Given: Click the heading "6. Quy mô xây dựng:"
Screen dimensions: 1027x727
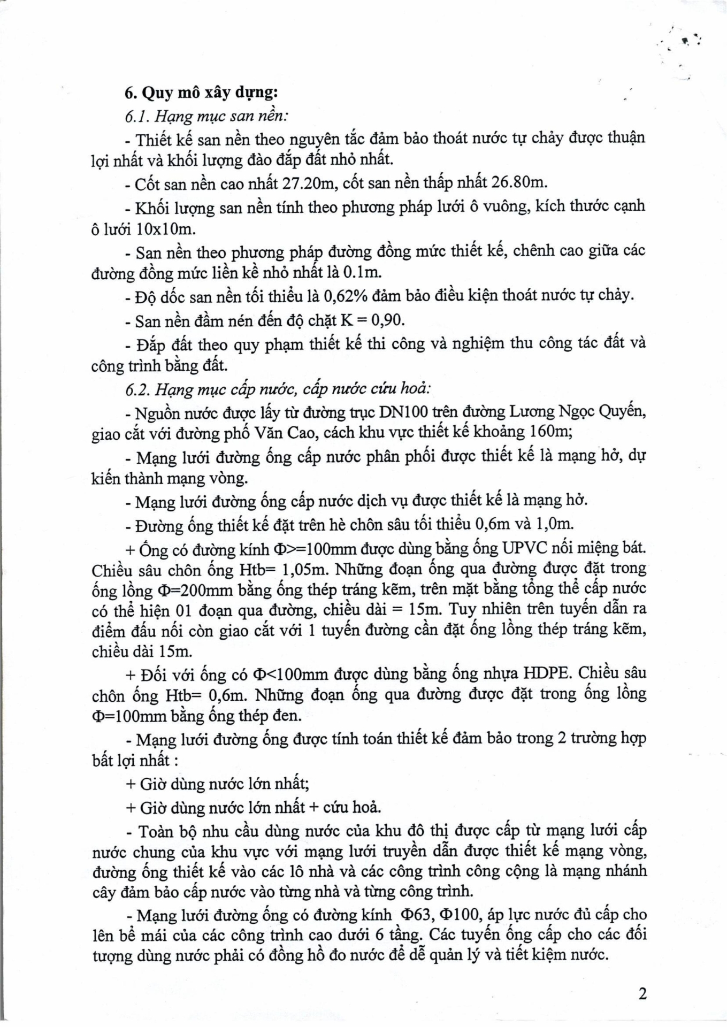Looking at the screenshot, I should [x=201, y=93].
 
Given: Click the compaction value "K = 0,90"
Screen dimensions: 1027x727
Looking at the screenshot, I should [x=372, y=320].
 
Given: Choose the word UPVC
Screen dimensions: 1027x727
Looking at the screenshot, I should [x=525, y=548].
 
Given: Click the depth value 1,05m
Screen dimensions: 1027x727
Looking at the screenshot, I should [x=304, y=570].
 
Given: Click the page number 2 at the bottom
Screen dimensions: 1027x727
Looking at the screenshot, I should [x=642, y=994].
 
